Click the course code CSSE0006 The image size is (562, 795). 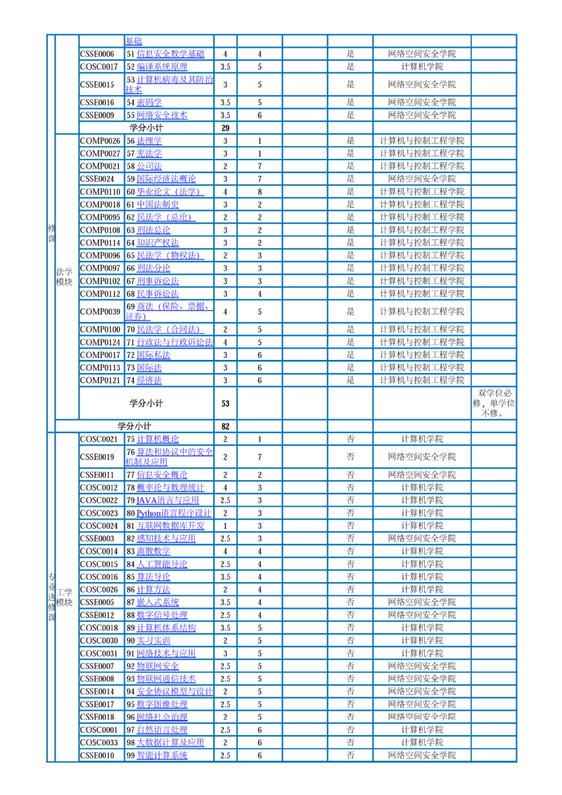click(x=97, y=54)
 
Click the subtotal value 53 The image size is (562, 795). click(x=225, y=403)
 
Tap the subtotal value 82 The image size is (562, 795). click(x=225, y=427)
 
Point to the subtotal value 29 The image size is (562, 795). click(x=225, y=129)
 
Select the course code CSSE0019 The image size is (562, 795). click(x=97, y=457)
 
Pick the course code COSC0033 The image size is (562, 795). click(x=98, y=742)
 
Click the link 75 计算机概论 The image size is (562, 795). click(x=158, y=439)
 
